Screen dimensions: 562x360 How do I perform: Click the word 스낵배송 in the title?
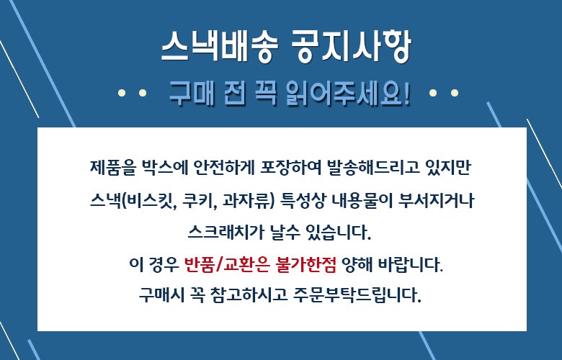pyautogui.click(x=220, y=46)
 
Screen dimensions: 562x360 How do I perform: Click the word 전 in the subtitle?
pyautogui.click(x=235, y=94)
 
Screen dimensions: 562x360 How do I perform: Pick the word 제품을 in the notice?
pyautogui.click(x=113, y=168)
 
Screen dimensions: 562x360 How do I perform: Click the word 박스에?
pyautogui.click(x=165, y=168)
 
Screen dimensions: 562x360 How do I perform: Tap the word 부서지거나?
pyautogui.click(x=436, y=201)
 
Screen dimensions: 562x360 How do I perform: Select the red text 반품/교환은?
pyautogui.click(x=226, y=265)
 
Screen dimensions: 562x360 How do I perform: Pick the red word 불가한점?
pyautogui.click(x=306, y=265)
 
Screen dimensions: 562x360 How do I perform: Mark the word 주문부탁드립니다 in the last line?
pyautogui.click(x=357, y=295)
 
